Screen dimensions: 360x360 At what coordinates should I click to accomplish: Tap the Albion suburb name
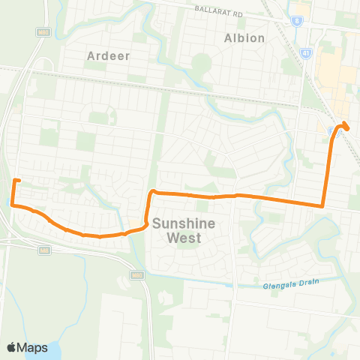point(244,37)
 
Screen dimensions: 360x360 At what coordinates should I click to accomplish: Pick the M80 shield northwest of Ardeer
point(44,31)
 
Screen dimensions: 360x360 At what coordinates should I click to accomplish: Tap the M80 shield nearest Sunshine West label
point(137,275)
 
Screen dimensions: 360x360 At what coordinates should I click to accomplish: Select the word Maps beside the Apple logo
point(34,347)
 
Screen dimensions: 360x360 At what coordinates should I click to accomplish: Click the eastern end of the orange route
point(345,124)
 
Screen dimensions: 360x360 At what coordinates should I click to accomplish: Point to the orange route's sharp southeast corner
point(322,205)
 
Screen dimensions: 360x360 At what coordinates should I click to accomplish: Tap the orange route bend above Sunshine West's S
point(152,193)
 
